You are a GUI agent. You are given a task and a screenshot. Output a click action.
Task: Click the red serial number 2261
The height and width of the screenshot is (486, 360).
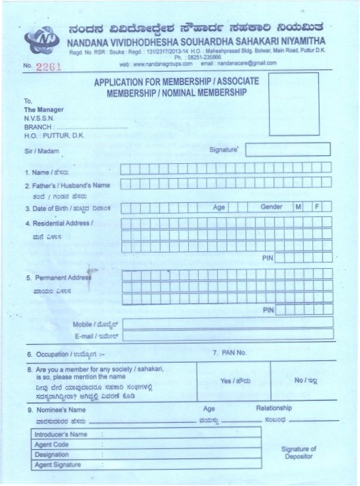tap(49, 66)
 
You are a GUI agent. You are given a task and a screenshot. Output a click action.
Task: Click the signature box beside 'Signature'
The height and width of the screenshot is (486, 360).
tap(288, 149)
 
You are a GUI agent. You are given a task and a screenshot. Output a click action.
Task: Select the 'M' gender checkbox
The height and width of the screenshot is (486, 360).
tap(298, 206)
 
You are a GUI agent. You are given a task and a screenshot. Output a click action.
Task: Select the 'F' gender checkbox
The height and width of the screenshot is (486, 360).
tap(317, 206)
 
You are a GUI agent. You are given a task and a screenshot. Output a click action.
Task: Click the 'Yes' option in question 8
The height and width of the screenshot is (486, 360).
tap(235, 381)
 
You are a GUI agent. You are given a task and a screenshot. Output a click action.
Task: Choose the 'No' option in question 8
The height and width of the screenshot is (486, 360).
tap(305, 380)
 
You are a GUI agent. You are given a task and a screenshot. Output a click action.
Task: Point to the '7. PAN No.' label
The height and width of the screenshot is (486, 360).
tap(229, 353)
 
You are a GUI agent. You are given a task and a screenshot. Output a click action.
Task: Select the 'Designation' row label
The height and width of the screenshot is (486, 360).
tap(52, 453)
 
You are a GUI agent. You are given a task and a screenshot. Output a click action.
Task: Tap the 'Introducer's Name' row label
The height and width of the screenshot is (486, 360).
tap(60, 433)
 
